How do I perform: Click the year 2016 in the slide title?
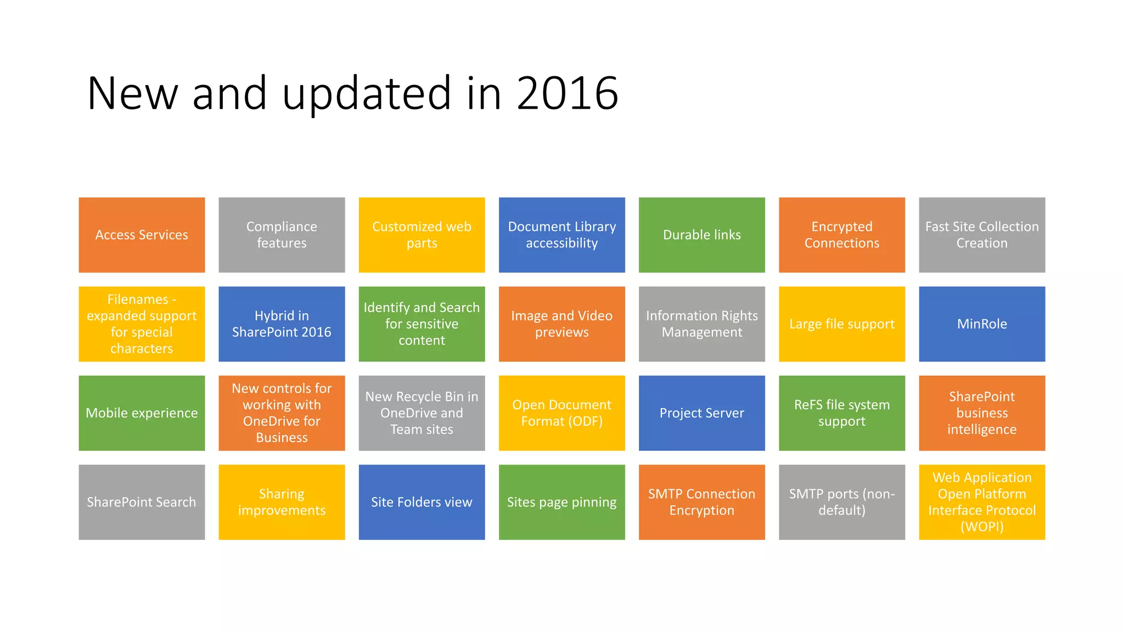coord(567,93)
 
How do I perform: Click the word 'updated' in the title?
coord(367,93)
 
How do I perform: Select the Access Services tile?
coord(142,235)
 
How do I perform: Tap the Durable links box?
coord(701,235)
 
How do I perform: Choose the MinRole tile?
coord(982,324)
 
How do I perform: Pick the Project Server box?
coord(701,413)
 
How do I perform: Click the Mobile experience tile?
coord(142,413)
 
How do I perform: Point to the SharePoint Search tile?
coord(142,502)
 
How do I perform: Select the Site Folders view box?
coord(421,502)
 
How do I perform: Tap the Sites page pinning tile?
coord(561,502)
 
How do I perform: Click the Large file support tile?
coord(842,324)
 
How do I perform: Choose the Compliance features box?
coord(282,235)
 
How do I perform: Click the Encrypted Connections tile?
coord(842,235)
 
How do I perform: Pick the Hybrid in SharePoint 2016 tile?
coord(282,324)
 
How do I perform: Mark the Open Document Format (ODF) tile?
coord(561,413)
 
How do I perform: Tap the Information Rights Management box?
coord(701,324)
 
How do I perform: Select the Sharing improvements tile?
coord(282,502)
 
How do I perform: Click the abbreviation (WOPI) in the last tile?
coord(982,527)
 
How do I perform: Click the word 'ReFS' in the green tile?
coord(808,405)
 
